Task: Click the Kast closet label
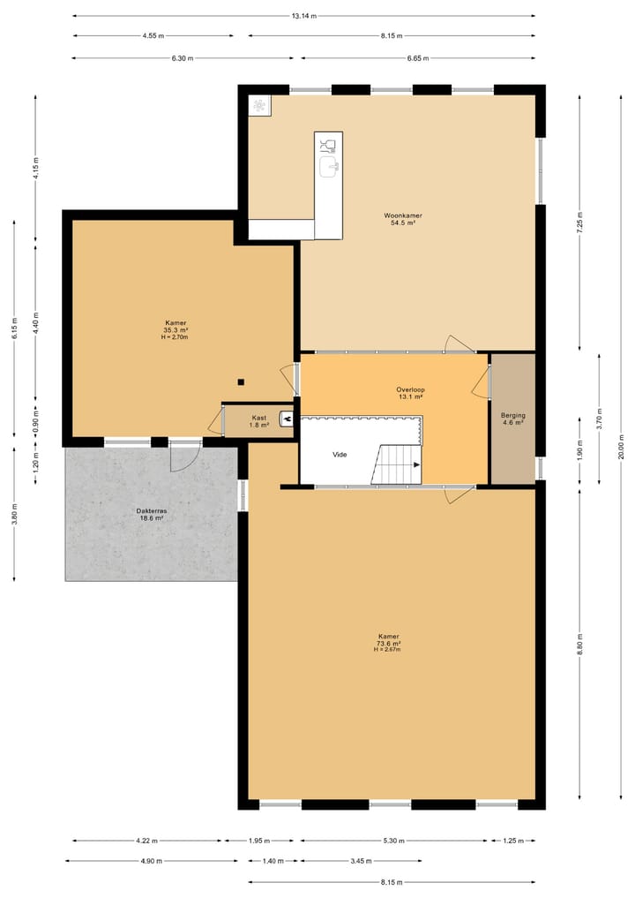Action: (x=258, y=418)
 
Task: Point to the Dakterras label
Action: (x=150, y=510)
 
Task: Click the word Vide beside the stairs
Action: (x=340, y=454)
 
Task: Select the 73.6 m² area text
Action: (x=389, y=644)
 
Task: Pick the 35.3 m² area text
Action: (x=176, y=330)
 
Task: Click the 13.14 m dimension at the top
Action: (x=304, y=16)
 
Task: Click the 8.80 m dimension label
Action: (x=579, y=642)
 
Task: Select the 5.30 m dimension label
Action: (x=395, y=841)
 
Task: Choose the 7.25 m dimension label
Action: (x=579, y=220)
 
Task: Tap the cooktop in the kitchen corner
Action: (x=260, y=106)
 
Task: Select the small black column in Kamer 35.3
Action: (x=240, y=382)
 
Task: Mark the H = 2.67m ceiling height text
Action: (x=389, y=652)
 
